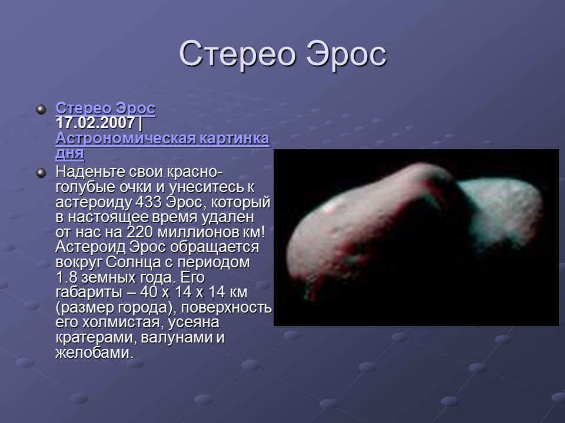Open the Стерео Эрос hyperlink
tap(105, 109)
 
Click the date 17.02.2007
tap(95, 124)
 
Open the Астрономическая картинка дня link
tap(162, 139)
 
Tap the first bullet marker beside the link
tap(41, 109)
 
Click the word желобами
tap(91, 353)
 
